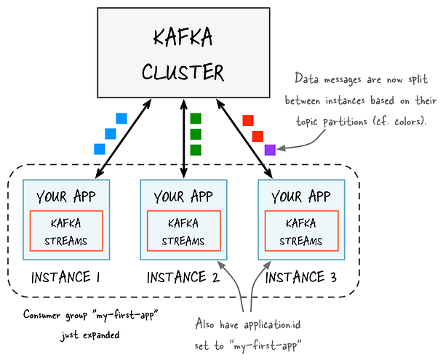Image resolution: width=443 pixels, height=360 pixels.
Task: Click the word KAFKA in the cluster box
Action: point(183,37)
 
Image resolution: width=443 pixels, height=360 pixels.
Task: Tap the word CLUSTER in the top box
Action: point(183,72)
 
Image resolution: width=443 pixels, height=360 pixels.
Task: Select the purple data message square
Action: point(270,150)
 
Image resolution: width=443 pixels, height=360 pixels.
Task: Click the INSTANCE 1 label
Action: point(65,277)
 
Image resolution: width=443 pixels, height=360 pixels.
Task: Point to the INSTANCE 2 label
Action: point(183,277)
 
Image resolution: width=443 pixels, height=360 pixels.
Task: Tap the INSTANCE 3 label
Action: point(301,277)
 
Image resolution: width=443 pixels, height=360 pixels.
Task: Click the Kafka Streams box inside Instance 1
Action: point(66,231)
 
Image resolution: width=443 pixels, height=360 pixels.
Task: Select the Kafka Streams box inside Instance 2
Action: point(183,231)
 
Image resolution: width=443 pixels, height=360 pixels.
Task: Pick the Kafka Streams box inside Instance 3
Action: point(301,231)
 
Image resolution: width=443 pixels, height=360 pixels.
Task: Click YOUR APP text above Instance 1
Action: point(65,196)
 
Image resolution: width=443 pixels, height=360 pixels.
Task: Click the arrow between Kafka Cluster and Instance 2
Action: point(184,138)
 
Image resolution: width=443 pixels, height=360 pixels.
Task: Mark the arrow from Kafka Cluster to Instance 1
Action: point(124,138)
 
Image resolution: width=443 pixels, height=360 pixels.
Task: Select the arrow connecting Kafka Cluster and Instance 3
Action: point(244,138)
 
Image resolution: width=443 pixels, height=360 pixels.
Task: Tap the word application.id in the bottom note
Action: point(272,325)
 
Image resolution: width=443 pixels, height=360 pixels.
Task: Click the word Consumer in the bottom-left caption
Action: point(41,314)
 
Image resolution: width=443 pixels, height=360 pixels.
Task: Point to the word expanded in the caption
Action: point(101,335)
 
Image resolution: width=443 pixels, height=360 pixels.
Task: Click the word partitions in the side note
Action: point(345,121)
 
